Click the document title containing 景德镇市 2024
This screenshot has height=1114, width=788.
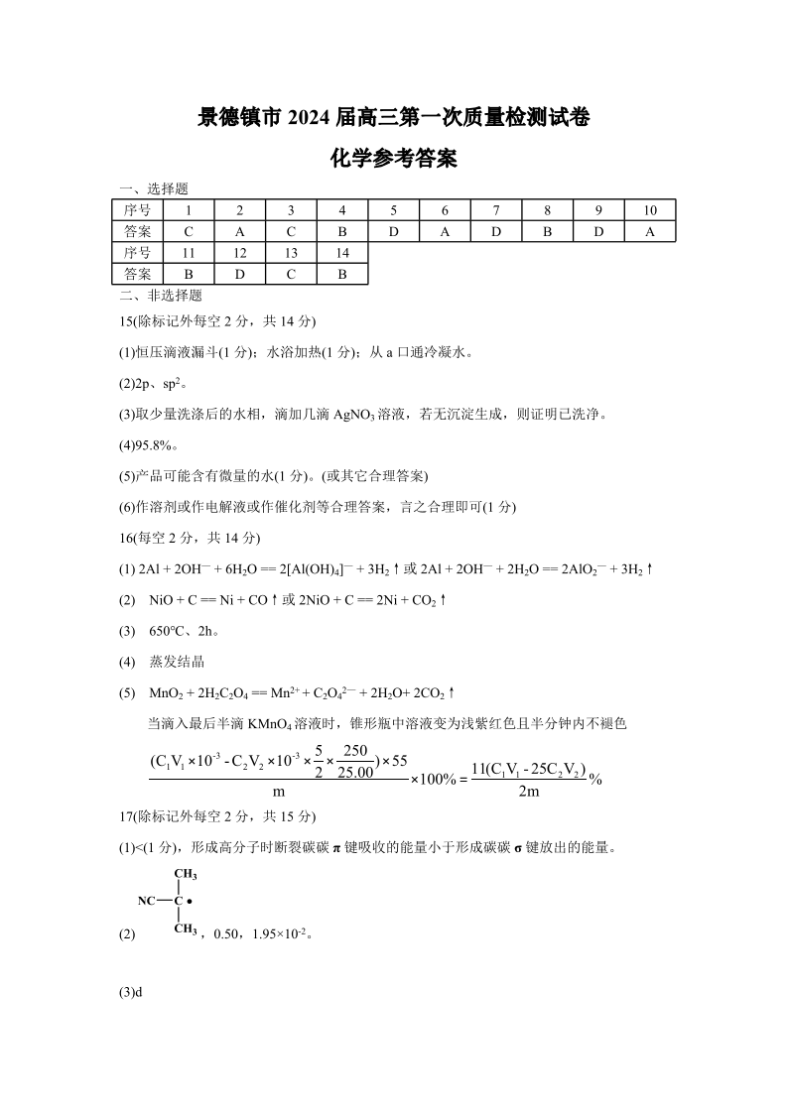393,118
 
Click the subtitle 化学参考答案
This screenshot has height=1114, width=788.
393,159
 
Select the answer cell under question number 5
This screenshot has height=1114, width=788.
393,231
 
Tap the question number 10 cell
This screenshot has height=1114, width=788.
650,209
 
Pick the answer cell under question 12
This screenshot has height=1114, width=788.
239,274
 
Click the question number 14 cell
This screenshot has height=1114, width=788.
341,253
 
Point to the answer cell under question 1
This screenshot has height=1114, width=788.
188,231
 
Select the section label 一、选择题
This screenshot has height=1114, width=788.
154,188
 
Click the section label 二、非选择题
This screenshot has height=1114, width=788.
160,295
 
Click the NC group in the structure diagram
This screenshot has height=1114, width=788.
147,901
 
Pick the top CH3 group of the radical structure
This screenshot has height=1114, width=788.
186,874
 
